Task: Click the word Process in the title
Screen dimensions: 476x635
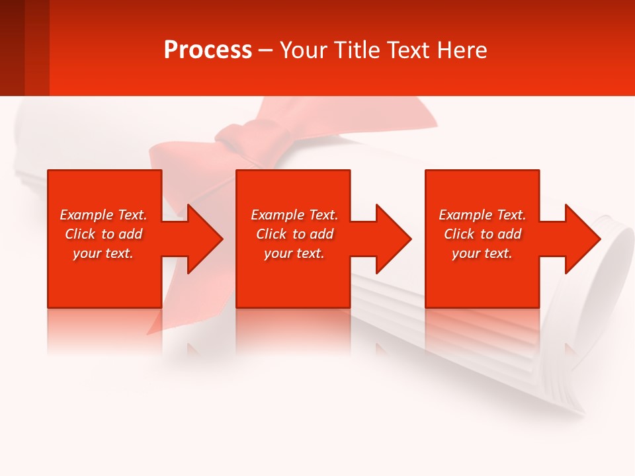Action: (208, 50)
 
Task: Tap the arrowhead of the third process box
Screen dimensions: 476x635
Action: (581, 239)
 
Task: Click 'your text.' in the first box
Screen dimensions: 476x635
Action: (103, 253)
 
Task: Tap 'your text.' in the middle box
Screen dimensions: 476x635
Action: (294, 253)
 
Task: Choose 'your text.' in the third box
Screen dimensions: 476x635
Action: (482, 253)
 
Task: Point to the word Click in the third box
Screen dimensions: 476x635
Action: (459, 234)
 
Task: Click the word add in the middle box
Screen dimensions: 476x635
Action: (321, 234)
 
